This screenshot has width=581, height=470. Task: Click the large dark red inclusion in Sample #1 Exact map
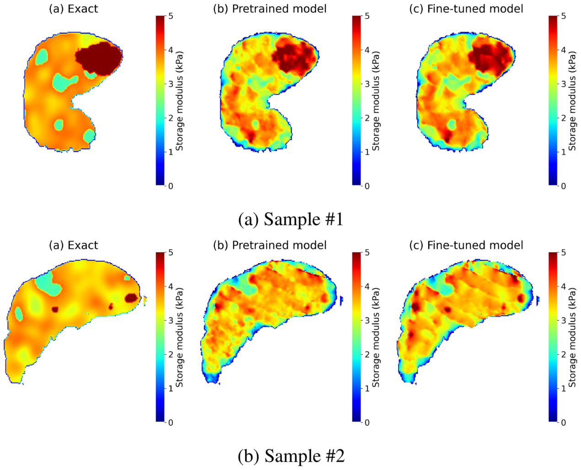pos(99,58)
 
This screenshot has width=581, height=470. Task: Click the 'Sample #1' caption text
pos(291,219)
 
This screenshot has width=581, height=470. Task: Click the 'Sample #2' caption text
pos(291,455)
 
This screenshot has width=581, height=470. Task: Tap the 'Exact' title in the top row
pos(73,9)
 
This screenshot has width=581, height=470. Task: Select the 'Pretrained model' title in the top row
pos(270,9)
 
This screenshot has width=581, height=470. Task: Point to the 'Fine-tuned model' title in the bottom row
pos(466,245)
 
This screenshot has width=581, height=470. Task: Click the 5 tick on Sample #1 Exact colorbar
pos(171,16)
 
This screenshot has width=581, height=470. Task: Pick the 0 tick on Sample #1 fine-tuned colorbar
pos(564,186)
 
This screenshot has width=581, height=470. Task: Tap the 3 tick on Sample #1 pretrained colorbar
pos(367,84)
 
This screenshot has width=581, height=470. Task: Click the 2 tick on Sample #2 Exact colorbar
pos(171,355)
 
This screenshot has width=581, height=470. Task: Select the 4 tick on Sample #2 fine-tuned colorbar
pos(564,286)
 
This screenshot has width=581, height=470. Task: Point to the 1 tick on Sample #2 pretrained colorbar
pos(367,389)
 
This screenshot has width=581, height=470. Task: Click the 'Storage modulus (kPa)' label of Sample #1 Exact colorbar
pos(179,101)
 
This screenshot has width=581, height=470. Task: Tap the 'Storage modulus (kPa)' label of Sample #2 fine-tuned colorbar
pos(572,337)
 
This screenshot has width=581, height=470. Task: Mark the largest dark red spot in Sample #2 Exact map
pos(132,298)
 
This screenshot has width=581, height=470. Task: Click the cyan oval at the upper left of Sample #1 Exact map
pos(42,57)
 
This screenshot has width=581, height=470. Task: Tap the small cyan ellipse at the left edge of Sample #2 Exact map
pos(19,314)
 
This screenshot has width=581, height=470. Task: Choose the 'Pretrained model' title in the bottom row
pos(270,245)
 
